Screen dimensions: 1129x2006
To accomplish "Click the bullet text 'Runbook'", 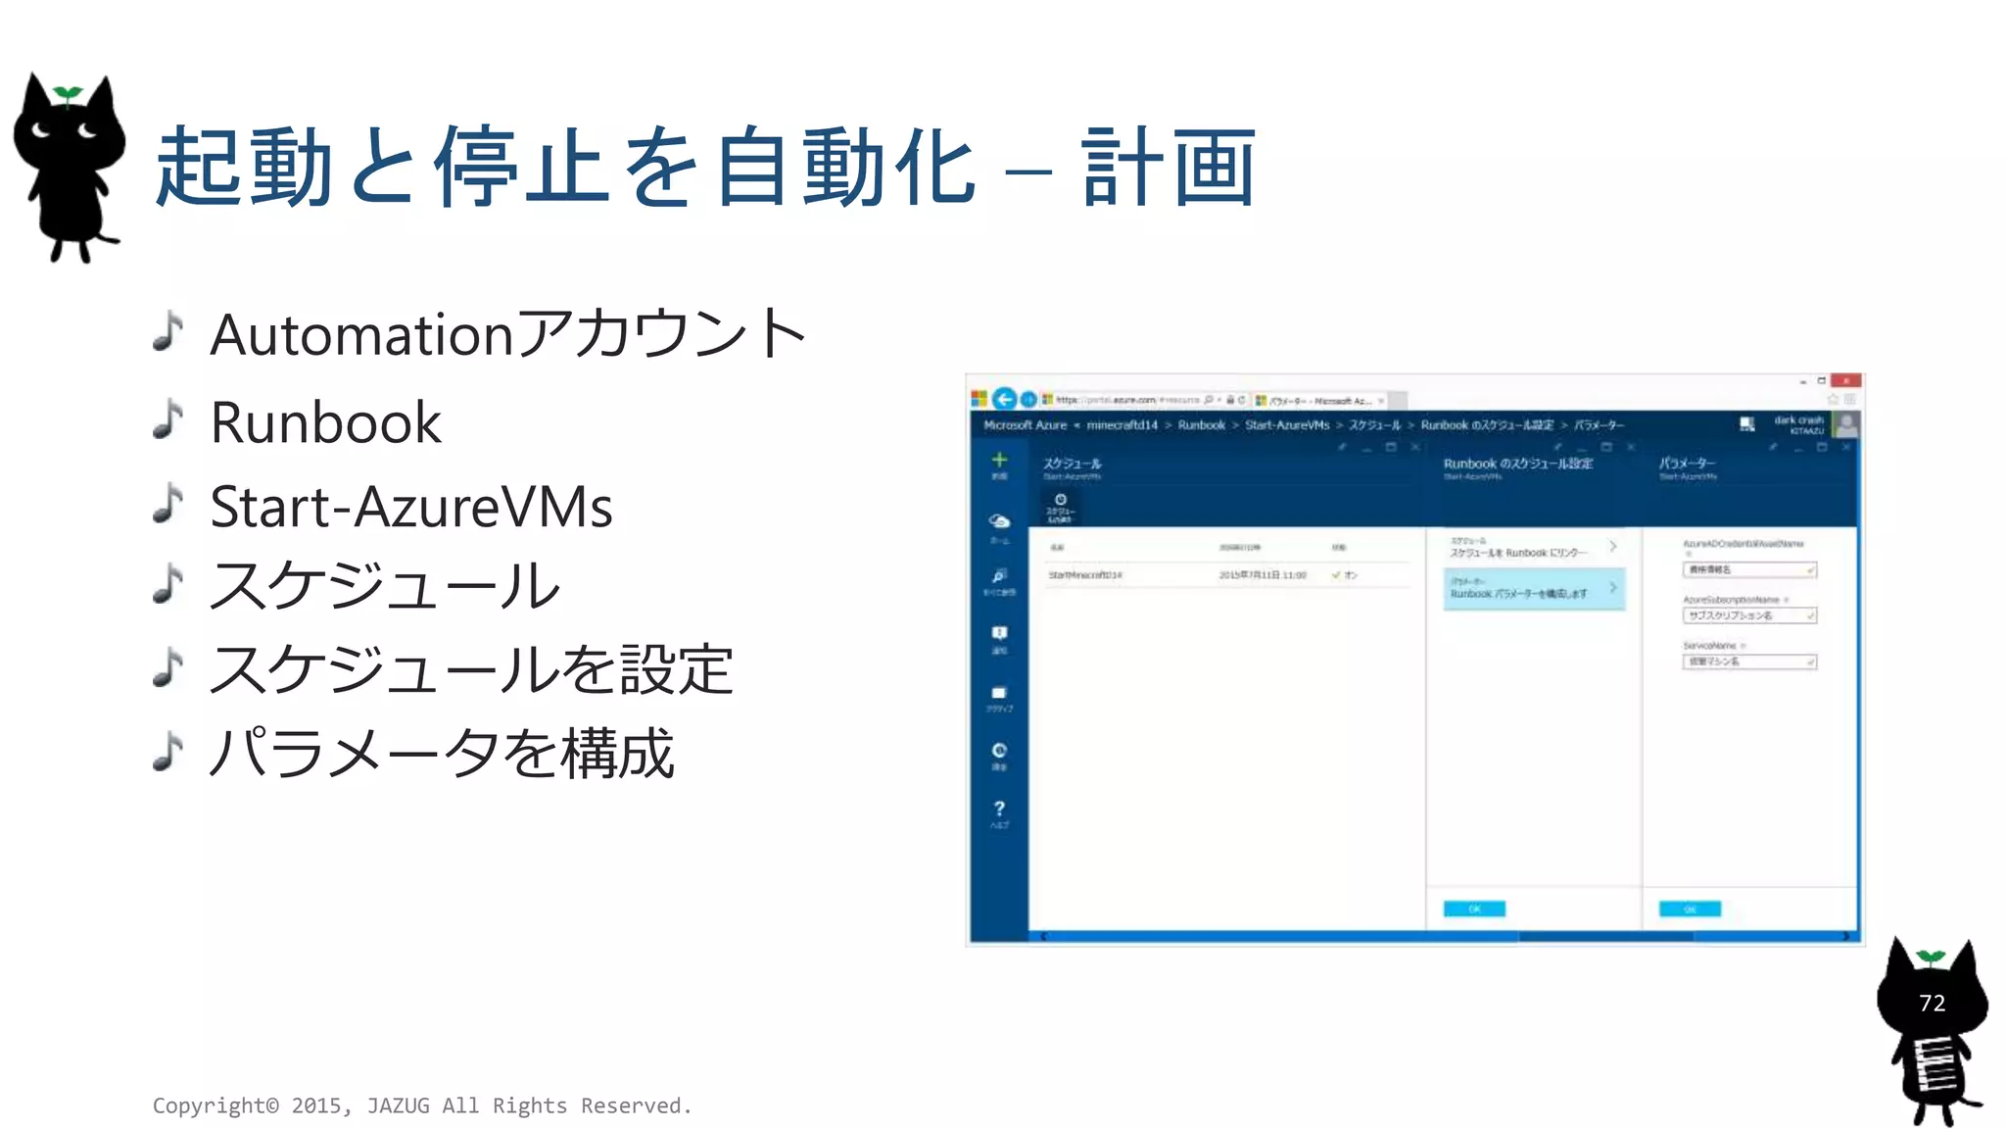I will coord(325,422).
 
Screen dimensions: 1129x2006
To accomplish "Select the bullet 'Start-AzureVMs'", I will coord(411,507).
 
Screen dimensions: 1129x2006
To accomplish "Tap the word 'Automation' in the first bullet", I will coord(361,335).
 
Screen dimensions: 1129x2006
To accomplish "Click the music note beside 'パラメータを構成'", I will coord(168,752).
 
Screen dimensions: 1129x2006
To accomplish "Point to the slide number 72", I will coord(1932,1003).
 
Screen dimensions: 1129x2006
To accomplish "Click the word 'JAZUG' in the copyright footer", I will coord(398,1105).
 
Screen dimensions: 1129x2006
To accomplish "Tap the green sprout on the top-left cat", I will coord(68,94).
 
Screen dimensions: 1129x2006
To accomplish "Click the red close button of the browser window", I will coord(1845,381).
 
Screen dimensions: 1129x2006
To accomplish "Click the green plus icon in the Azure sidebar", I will coord(999,460).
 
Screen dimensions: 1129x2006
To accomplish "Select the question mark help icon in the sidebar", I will coord(999,810).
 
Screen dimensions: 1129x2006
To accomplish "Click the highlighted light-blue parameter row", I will coord(1533,589).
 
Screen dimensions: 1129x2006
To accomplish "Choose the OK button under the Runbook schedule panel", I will coord(1474,908).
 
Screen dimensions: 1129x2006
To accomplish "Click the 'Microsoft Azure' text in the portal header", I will coord(1025,425).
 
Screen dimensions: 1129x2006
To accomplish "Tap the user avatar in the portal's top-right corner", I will coord(1847,425).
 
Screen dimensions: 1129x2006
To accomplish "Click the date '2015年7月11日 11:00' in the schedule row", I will coord(1263,575).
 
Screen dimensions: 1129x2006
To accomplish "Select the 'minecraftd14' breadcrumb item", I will coord(1122,425).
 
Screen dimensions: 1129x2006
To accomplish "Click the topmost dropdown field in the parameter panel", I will coord(1749,569).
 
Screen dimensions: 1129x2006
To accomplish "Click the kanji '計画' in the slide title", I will coord(1169,168).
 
